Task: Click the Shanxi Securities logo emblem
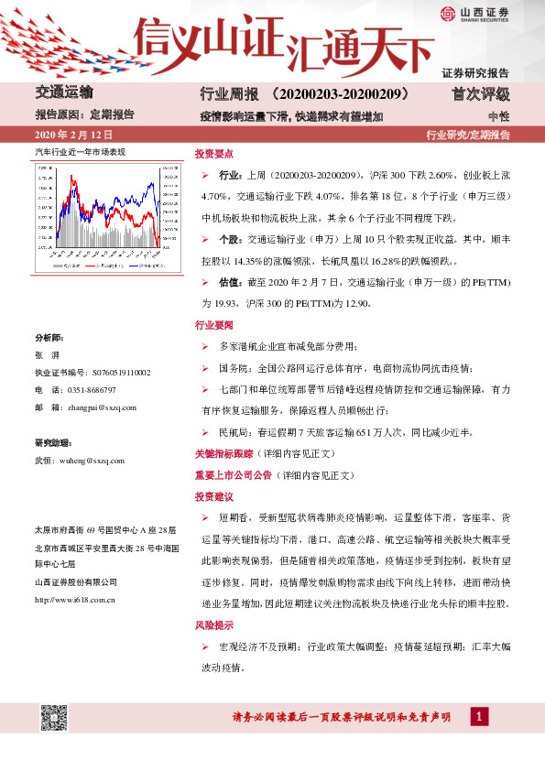click(445, 14)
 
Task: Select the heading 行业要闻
click(214, 325)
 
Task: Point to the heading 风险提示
click(214, 628)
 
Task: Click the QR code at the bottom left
click(54, 720)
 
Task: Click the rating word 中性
click(498, 116)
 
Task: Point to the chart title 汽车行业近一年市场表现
click(79, 148)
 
